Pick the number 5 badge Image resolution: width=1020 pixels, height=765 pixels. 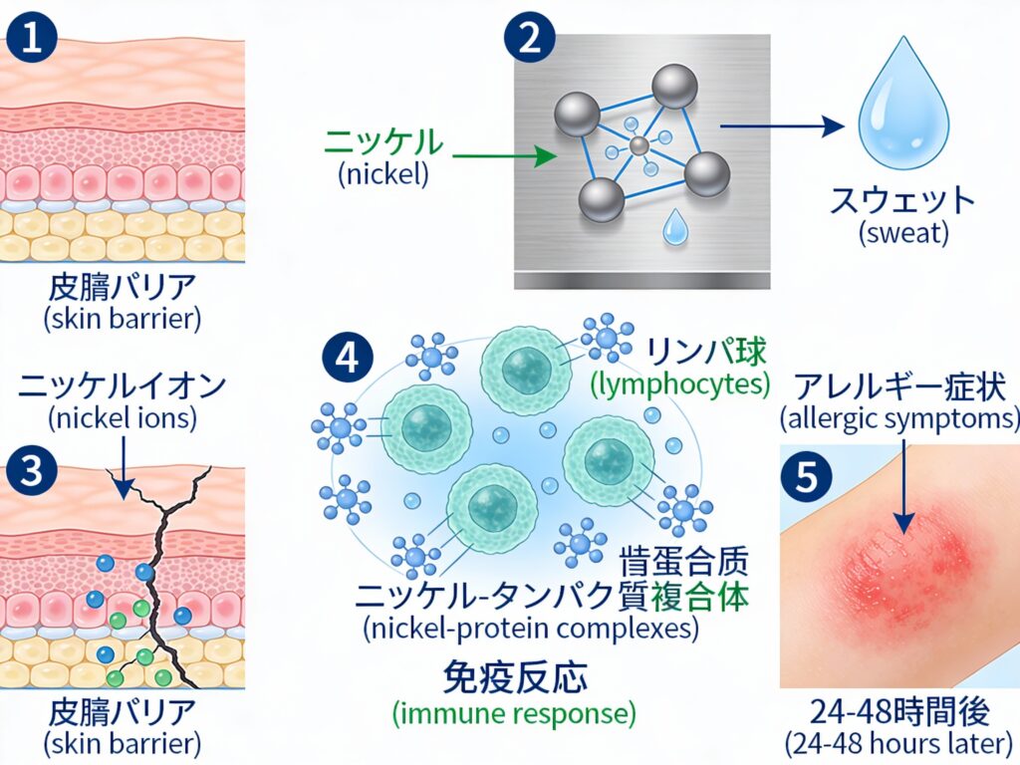[808, 475]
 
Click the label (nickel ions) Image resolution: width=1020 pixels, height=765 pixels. [121, 419]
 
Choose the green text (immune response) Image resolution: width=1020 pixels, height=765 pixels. [514, 713]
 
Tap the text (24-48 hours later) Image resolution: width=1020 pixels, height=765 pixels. [900, 743]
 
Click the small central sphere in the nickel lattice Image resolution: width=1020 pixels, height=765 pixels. [638, 146]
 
